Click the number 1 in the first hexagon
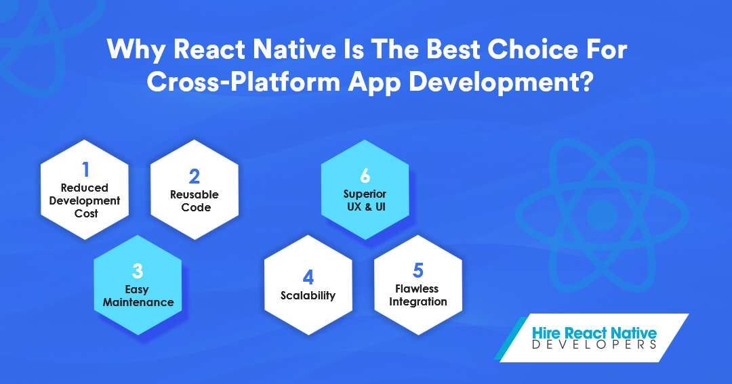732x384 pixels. (85, 169)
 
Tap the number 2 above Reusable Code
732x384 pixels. (195, 176)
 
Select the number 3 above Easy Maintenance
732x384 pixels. (137, 271)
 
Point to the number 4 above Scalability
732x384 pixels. (308, 278)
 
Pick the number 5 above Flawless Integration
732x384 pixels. (418, 271)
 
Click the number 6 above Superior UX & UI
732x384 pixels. (365, 176)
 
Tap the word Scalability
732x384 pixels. (308, 296)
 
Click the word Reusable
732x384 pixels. (195, 194)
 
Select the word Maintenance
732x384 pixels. (138, 302)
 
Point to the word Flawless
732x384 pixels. (417, 289)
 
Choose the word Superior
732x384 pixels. (365, 194)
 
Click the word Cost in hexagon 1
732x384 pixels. (86, 214)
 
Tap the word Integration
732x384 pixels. (418, 302)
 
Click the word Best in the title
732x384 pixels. (453, 50)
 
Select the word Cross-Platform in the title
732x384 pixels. (243, 83)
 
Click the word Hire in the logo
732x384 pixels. (546, 333)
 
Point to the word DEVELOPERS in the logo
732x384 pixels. (594, 345)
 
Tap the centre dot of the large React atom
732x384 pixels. (603, 215)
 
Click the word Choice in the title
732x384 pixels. (533, 50)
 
